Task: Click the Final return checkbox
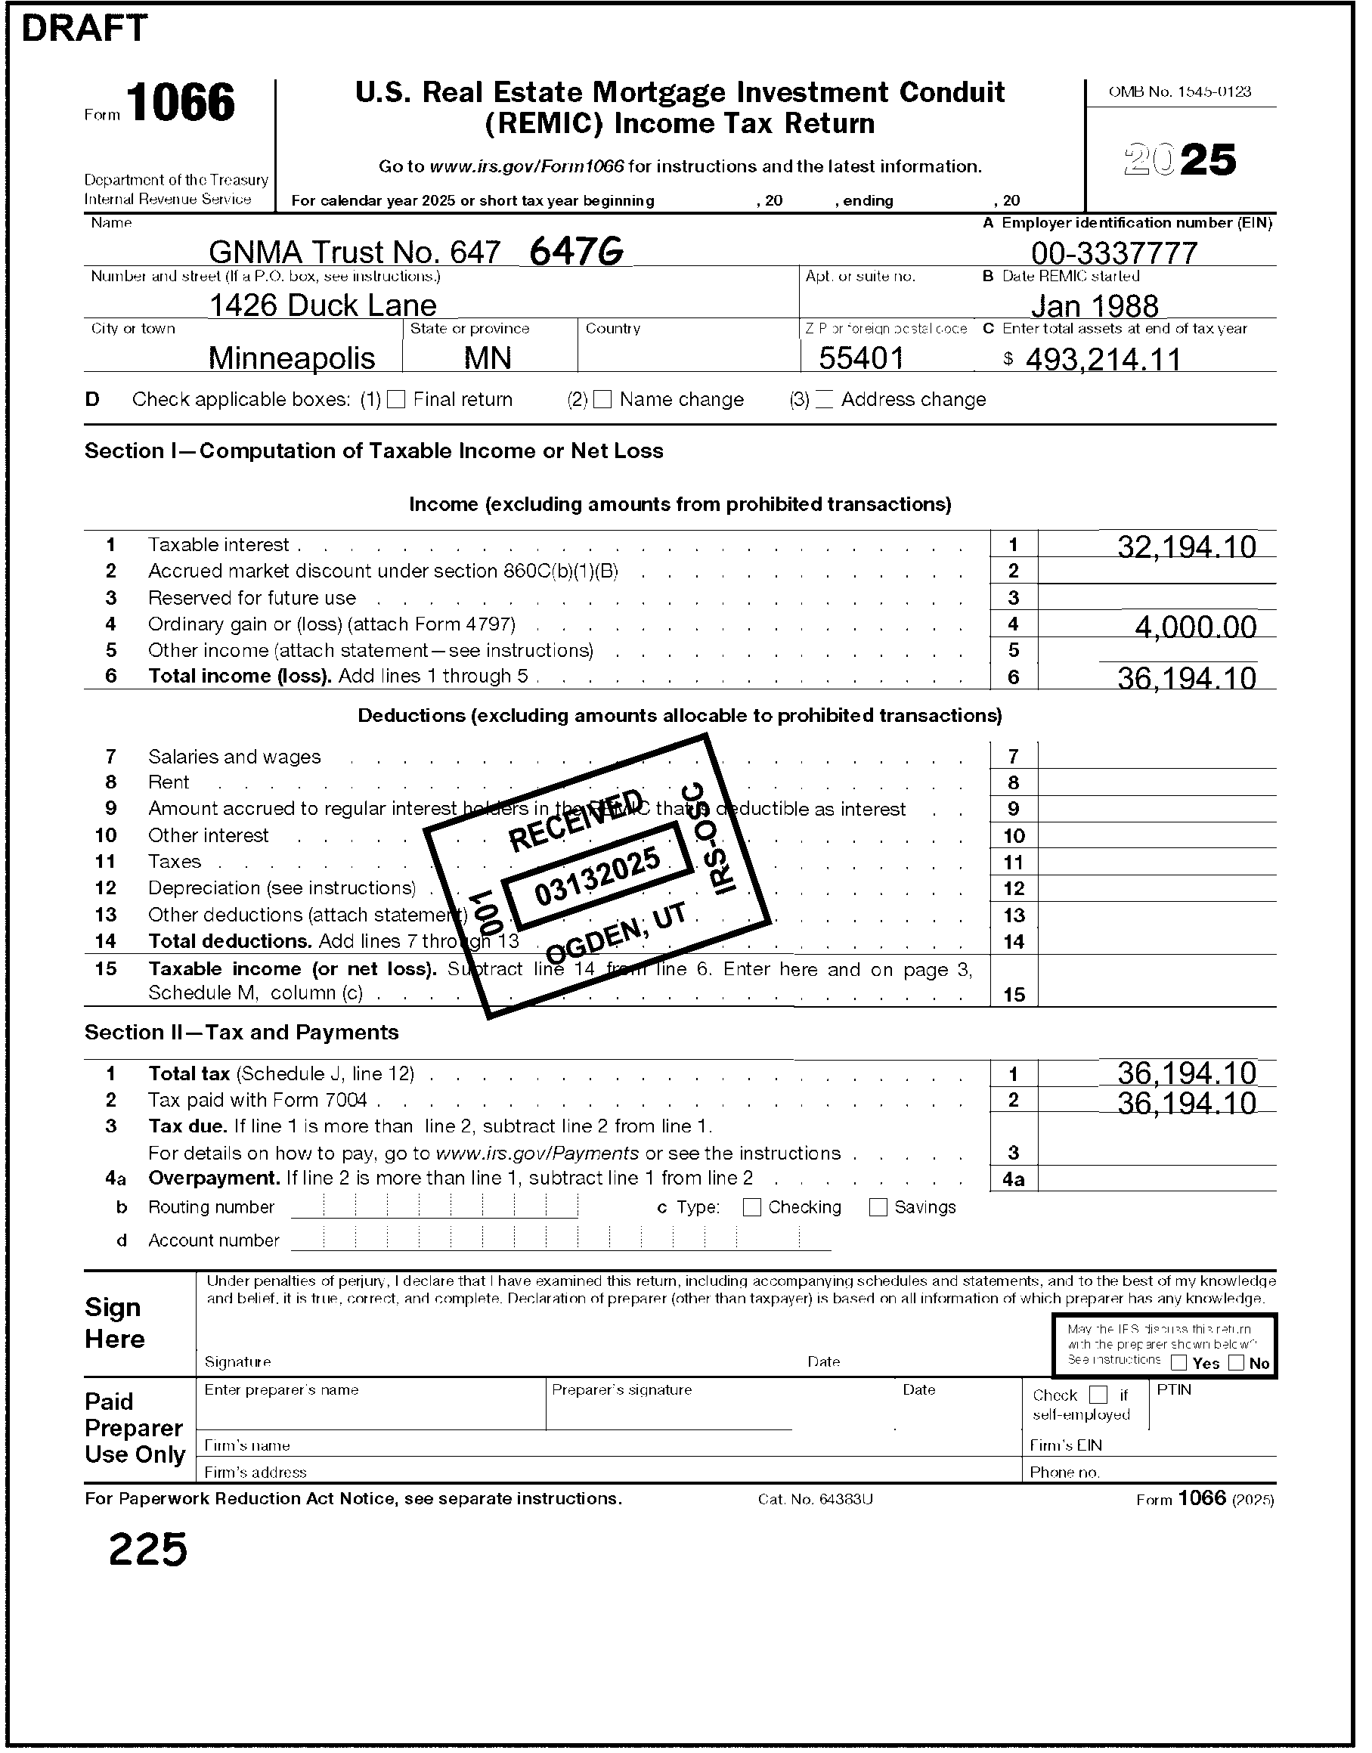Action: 396,400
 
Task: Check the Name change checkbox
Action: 602,400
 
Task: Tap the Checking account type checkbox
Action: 752,1207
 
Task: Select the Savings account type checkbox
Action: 878,1207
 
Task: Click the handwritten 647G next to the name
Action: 577,252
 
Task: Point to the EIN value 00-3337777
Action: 1114,253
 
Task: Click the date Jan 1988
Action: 1094,305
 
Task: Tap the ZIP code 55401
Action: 861,358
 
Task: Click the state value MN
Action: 488,358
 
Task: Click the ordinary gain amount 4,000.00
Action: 1195,626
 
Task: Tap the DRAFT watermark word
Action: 85,29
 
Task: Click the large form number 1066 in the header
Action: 181,103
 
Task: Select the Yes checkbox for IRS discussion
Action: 1179,1362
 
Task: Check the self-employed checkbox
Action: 1098,1395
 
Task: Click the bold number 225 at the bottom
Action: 148,1550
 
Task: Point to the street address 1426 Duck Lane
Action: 322,305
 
